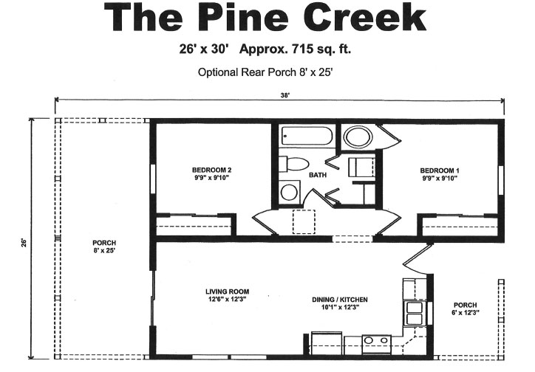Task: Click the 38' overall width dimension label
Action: [x=284, y=95]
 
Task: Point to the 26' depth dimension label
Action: [x=24, y=242]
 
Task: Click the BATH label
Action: [x=317, y=176]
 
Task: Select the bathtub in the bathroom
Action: [x=307, y=137]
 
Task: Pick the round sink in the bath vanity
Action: [x=289, y=193]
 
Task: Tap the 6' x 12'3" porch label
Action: [x=465, y=309]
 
